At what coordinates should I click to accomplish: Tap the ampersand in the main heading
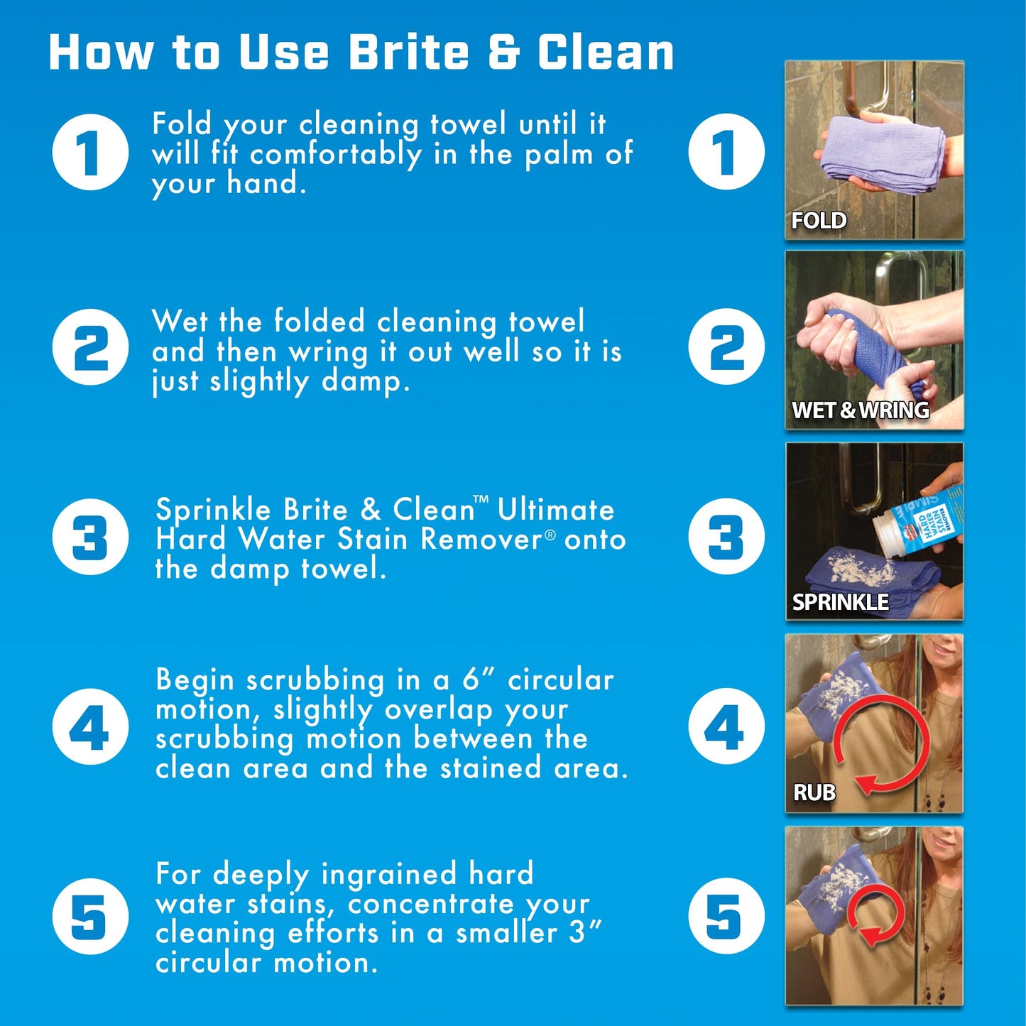[x=503, y=53]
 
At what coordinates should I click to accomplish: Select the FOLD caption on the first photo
[x=819, y=221]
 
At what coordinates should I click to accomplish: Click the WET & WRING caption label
[x=860, y=410]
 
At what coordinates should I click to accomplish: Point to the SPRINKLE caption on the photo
[x=840, y=602]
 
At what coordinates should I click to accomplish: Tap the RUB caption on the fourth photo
[x=814, y=792]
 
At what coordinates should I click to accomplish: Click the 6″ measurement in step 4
[x=478, y=680]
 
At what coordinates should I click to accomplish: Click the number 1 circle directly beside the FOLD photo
[x=726, y=152]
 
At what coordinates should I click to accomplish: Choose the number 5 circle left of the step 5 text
[x=90, y=916]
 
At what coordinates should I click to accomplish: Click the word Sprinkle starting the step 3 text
[x=213, y=511]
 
